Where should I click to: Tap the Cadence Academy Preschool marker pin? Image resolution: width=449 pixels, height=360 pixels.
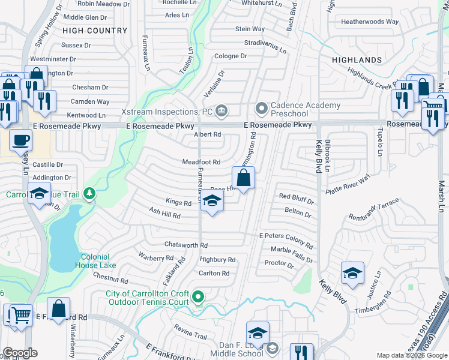pyautogui.click(x=262, y=109)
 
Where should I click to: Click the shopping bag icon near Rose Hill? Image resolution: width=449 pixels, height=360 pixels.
pyautogui.click(x=244, y=178)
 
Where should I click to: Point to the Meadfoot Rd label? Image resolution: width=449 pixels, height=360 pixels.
pyautogui.click(x=201, y=162)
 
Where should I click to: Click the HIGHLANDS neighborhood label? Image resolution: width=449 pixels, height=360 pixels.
pyautogui.click(x=360, y=60)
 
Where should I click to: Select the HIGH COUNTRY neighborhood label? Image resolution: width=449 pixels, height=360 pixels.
pyautogui.click(x=95, y=30)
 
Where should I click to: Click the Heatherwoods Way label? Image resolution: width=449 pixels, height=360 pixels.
pyautogui.click(x=370, y=22)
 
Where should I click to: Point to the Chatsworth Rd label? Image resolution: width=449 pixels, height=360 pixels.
pyautogui.click(x=185, y=245)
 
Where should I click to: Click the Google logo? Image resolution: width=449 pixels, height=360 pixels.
pyautogui.click(x=20, y=353)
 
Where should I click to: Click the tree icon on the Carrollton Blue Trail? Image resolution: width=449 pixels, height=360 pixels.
pyautogui.click(x=89, y=193)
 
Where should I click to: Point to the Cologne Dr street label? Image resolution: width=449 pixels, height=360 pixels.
pyautogui.click(x=231, y=56)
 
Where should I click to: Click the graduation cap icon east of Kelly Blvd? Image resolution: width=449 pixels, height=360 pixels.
pyautogui.click(x=352, y=274)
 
